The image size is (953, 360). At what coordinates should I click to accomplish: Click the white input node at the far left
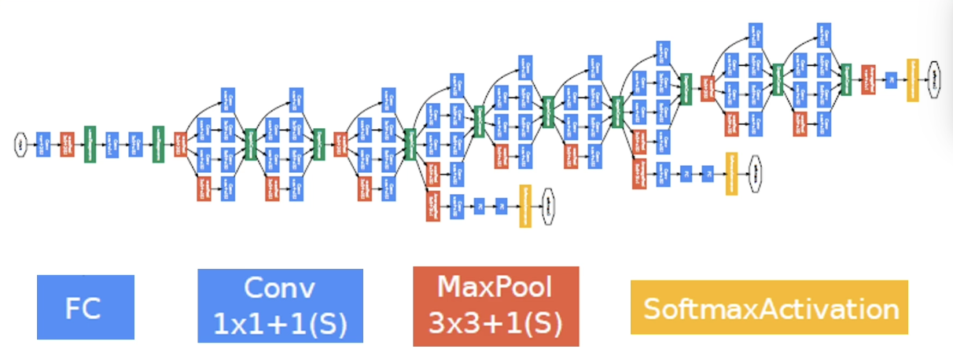20,145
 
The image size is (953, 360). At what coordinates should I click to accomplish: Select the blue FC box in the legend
85,307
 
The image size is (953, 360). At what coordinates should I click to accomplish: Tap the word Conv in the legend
280,288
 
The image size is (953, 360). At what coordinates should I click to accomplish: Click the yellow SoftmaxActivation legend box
769,307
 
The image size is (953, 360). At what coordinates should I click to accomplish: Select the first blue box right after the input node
43,145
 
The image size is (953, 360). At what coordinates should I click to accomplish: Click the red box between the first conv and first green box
67,145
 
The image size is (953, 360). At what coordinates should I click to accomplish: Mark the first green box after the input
90,145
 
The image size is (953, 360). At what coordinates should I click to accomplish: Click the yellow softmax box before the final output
912,79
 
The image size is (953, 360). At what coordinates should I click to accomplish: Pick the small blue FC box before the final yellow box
891,79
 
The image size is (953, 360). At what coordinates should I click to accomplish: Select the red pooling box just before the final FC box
868,79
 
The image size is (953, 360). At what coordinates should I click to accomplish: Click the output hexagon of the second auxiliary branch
754,173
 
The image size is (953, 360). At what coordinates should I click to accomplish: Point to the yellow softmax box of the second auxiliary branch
731,173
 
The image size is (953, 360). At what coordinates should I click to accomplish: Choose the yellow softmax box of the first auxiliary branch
525,206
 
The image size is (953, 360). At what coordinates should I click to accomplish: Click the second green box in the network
158,145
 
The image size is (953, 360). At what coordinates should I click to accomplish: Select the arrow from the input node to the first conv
31,145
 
